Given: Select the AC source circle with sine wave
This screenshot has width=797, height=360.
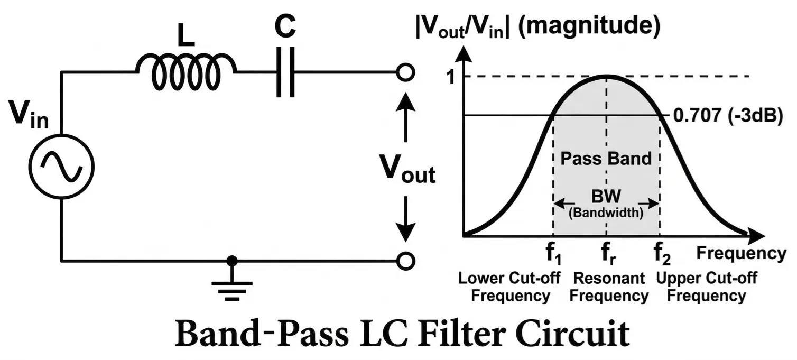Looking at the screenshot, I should click(61, 165).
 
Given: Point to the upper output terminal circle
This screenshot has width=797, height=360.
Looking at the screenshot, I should click(404, 72).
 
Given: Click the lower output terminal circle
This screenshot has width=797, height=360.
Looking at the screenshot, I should click(404, 261).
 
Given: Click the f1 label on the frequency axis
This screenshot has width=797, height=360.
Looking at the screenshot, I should click(553, 256).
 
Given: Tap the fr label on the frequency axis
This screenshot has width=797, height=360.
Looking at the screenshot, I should click(606, 256).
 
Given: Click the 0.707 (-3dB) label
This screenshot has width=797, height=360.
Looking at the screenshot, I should click(727, 115).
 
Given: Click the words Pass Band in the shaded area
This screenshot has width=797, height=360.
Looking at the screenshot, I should click(606, 158).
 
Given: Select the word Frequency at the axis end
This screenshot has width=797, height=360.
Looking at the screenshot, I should click(740, 253).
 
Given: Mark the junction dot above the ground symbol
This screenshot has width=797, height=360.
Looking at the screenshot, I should click(231, 261).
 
